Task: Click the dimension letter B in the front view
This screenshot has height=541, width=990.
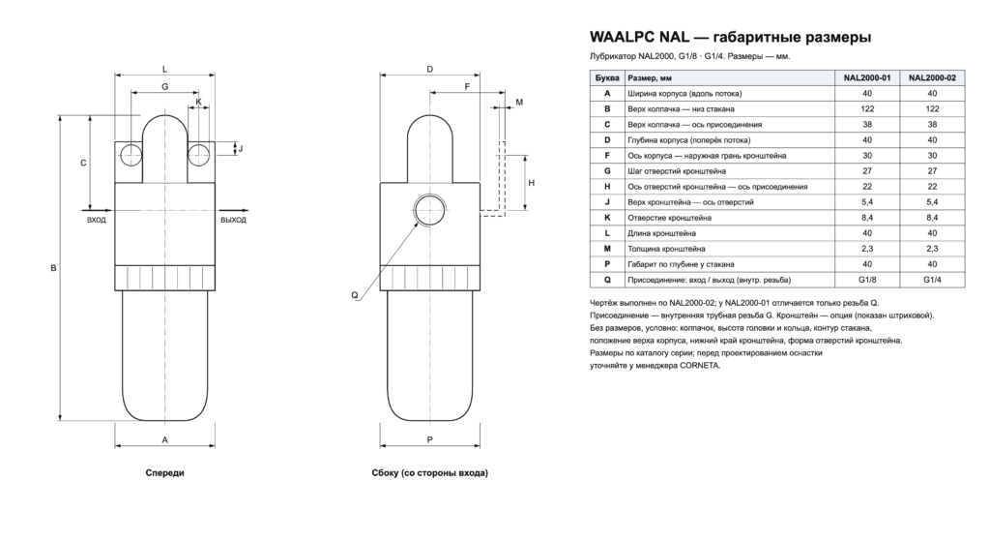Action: [x=54, y=268]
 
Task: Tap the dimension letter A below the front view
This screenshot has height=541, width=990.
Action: [x=164, y=440]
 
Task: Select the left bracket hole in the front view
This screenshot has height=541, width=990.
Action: [x=131, y=154]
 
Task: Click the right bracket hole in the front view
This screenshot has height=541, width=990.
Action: [x=198, y=154]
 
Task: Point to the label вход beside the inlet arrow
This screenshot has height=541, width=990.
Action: [x=97, y=220]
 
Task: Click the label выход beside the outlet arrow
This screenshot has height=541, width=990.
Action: [x=233, y=220]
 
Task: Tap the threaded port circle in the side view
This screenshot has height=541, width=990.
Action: [x=428, y=209]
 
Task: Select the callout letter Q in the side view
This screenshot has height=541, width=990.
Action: [x=354, y=295]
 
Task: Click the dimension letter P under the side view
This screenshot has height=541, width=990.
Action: [x=430, y=440]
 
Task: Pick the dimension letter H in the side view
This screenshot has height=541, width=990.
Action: [x=532, y=183]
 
